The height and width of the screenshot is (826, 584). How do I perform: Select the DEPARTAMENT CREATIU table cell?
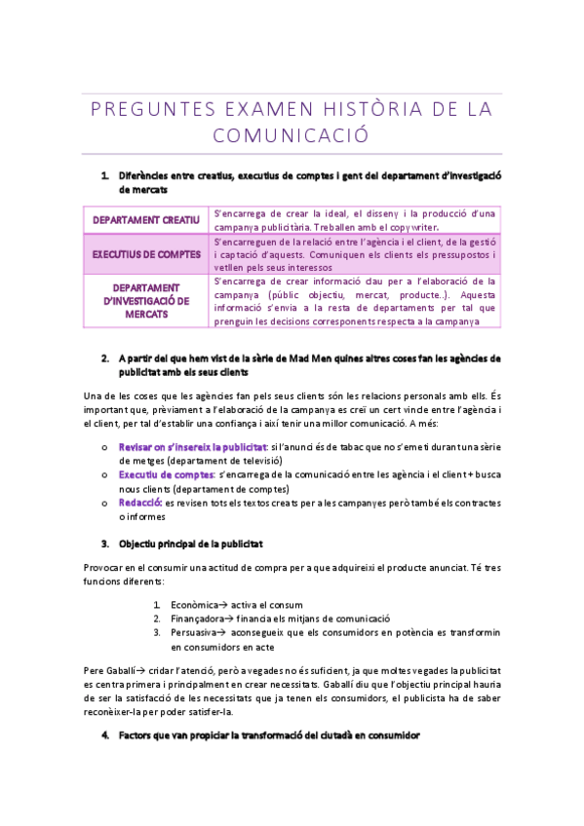point(146,220)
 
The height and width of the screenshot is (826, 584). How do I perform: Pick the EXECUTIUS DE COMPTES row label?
point(146,254)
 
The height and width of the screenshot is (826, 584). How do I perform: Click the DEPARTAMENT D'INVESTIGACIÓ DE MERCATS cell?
point(146,301)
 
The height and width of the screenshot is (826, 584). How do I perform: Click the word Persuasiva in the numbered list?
point(194,632)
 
